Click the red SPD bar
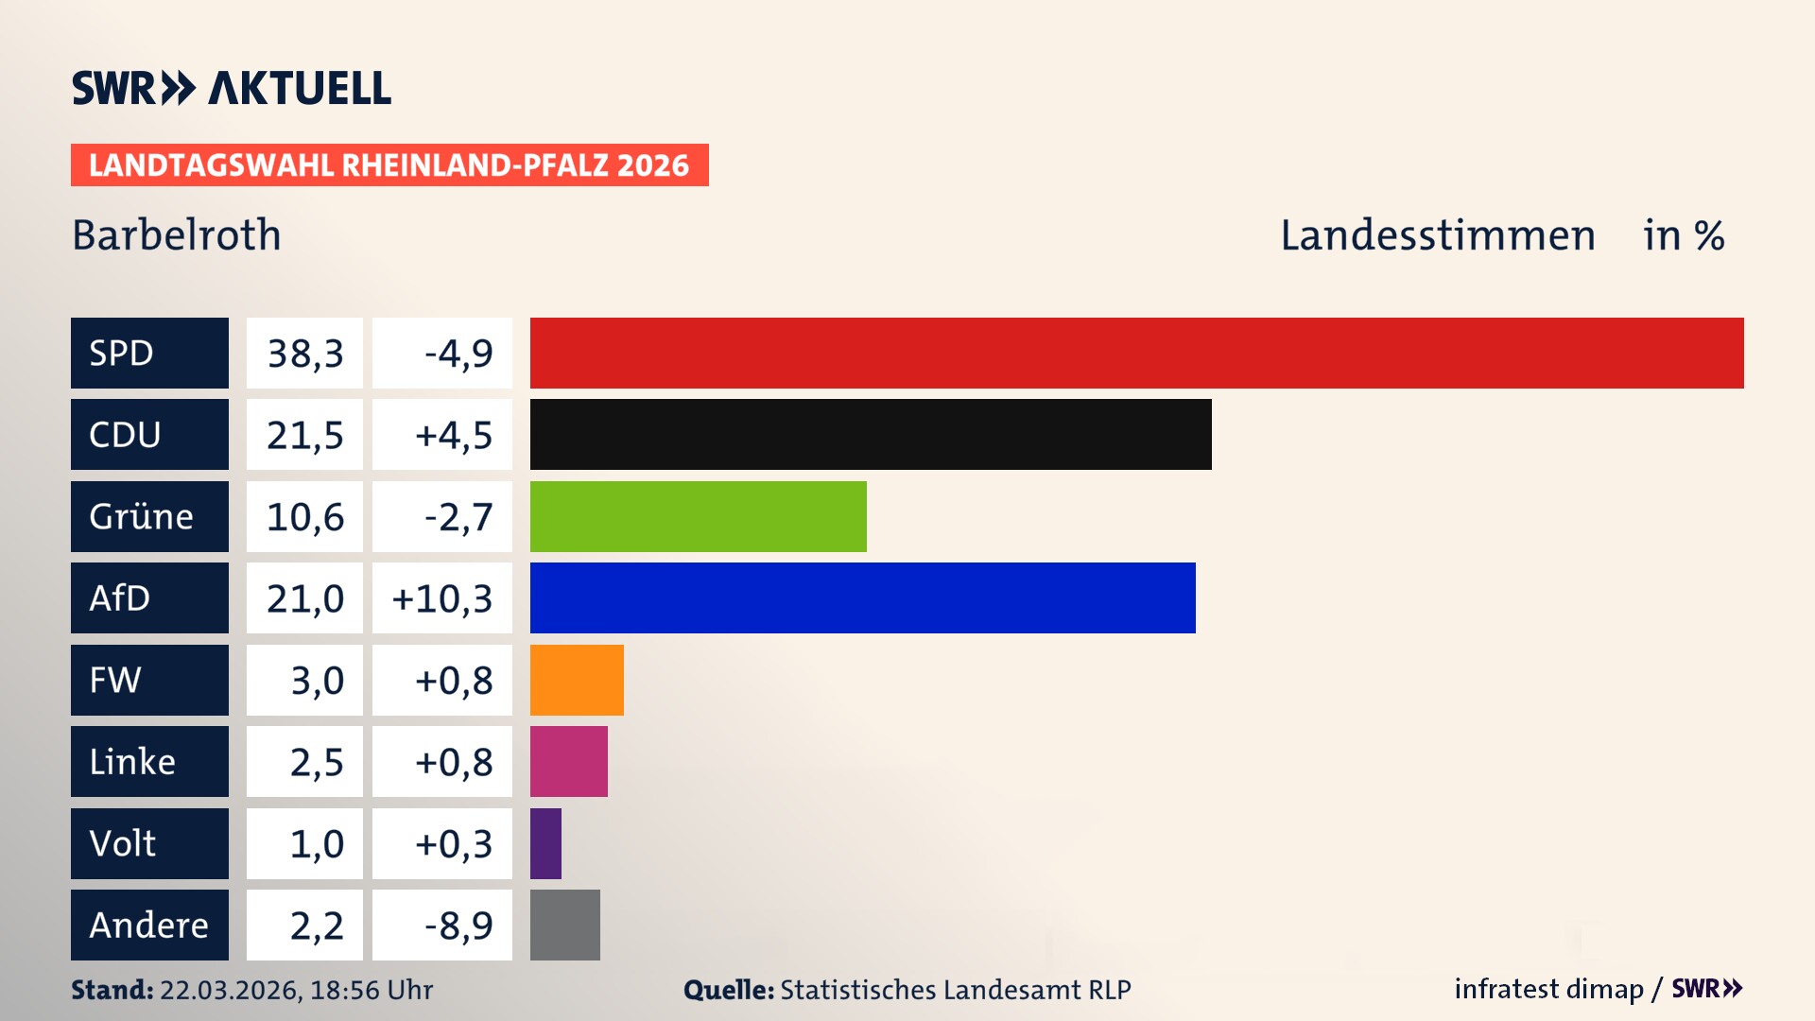(x=1136, y=353)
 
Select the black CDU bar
(x=871, y=434)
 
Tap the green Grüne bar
(x=698, y=516)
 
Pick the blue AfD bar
(x=862, y=597)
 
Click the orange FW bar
(x=577, y=680)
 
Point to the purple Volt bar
(x=545, y=843)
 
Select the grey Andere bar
(x=564, y=925)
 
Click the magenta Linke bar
(x=568, y=761)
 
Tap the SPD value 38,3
(x=304, y=354)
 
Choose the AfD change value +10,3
(x=442, y=598)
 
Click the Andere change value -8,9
(x=458, y=926)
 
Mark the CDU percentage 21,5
(x=304, y=435)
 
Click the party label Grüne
(x=141, y=517)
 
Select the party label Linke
(x=132, y=762)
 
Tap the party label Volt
(x=123, y=843)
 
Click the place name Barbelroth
(x=177, y=234)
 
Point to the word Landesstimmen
(x=1437, y=235)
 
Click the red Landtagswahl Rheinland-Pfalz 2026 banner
(x=389, y=164)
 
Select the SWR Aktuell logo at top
(x=232, y=88)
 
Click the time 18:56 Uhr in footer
(x=372, y=990)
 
